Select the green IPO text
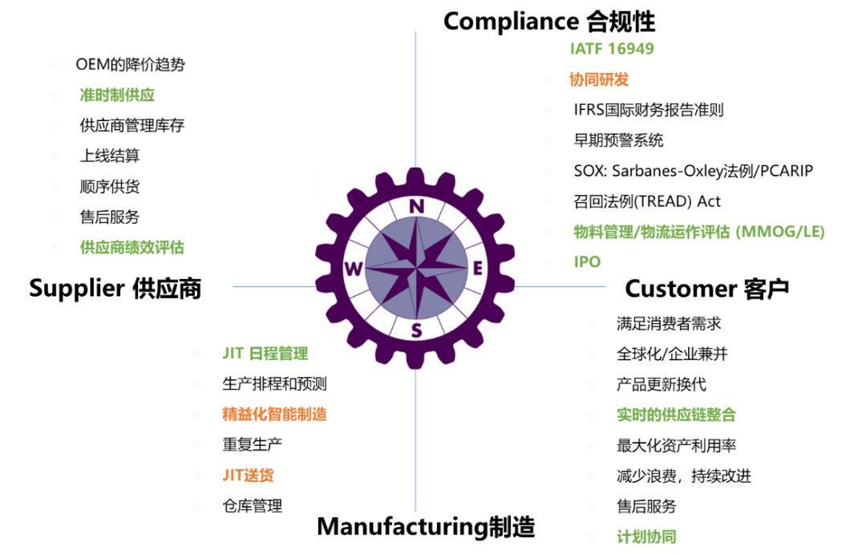[x=587, y=262]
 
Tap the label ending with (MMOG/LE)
[x=699, y=232]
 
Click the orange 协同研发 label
[x=599, y=79]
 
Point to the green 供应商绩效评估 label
[x=132, y=247]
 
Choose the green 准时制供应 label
[x=117, y=95]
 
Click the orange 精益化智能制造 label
[x=274, y=414]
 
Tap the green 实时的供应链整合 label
[x=676, y=415]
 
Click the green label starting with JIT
[x=265, y=354]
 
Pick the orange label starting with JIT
[x=248, y=475]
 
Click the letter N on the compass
[x=416, y=206]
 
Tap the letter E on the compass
[x=477, y=269]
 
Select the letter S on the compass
[x=416, y=330]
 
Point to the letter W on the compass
[x=354, y=269]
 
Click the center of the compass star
[x=416, y=268]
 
